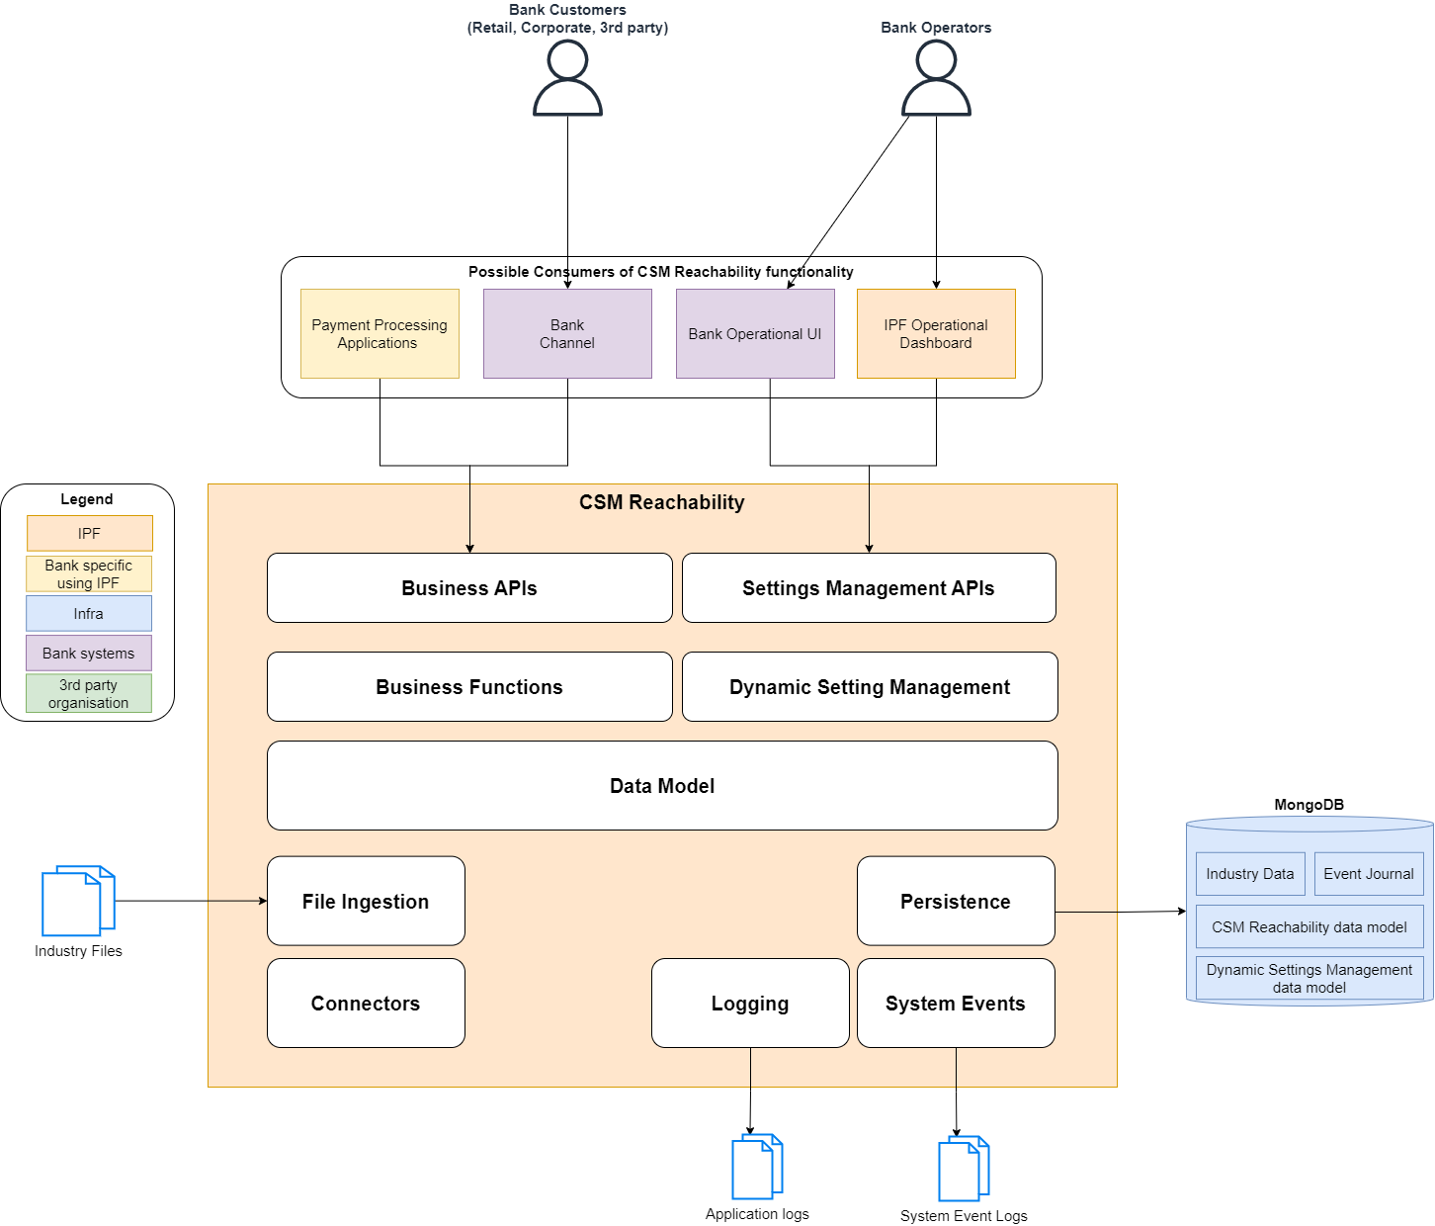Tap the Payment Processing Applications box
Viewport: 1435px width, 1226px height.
pyautogui.click(x=380, y=334)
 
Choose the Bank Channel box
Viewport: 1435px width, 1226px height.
pyautogui.click(x=567, y=334)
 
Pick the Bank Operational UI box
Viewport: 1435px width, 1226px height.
pyautogui.click(x=755, y=334)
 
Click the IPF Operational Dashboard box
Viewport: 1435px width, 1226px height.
pyautogui.click(x=936, y=334)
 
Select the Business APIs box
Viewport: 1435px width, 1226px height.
pyautogui.click(x=469, y=588)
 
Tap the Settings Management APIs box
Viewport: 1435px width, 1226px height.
pyautogui.click(x=869, y=588)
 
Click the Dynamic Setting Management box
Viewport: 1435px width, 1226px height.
pyautogui.click(x=870, y=687)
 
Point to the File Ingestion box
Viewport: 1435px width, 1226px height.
pyautogui.click(x=366, y=902)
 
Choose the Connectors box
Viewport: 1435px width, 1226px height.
pyautogui.click(x=366, y=1004)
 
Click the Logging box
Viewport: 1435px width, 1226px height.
pyautogui.click(x=750, y=1004)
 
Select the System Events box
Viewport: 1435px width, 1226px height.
pyautogui.click(x=956, y=1004)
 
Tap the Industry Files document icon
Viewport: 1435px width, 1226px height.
pyautogui.click(x=78, y=901)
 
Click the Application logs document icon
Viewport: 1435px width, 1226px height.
pyautogui.click(x=757, y=1167)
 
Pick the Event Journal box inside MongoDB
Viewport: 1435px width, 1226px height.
pyautogui.click(x=1369, y=874)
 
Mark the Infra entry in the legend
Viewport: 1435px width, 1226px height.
pyautogui.click(x=89, y=614)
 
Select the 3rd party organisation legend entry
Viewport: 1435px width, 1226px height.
pyautogui.click(x=89, y=694)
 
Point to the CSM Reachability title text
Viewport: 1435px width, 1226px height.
pyautogui.click(x=662, y=502)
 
